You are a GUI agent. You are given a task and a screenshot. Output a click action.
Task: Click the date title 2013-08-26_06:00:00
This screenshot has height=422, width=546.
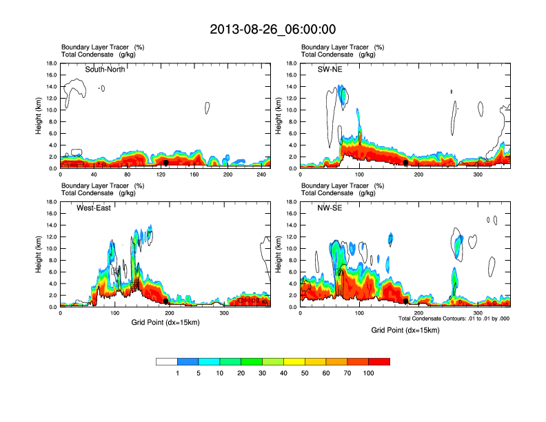(273, 29)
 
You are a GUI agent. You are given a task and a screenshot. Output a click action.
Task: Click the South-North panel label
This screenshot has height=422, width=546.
(105, 69)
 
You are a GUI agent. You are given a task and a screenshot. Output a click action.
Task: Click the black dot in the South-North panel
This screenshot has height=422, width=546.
(166, 163)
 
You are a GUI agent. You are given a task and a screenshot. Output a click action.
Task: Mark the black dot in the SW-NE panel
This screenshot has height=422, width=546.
(405, 162)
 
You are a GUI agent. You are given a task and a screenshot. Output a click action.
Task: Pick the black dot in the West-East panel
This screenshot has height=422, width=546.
(166, 301)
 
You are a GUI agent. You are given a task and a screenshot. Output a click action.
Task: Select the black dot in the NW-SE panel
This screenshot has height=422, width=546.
(405, 301)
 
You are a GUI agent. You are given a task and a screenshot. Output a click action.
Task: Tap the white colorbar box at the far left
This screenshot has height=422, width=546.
(167, 361)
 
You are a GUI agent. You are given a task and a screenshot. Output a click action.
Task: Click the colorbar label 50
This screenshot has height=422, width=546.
(305, 373)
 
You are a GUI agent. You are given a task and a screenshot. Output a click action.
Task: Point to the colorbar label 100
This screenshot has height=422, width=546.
(368, 373)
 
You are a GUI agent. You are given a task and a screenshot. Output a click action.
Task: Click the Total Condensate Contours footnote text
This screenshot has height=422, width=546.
(454, 319)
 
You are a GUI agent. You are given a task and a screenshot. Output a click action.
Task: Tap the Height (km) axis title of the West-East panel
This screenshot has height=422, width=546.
(38, 254)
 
